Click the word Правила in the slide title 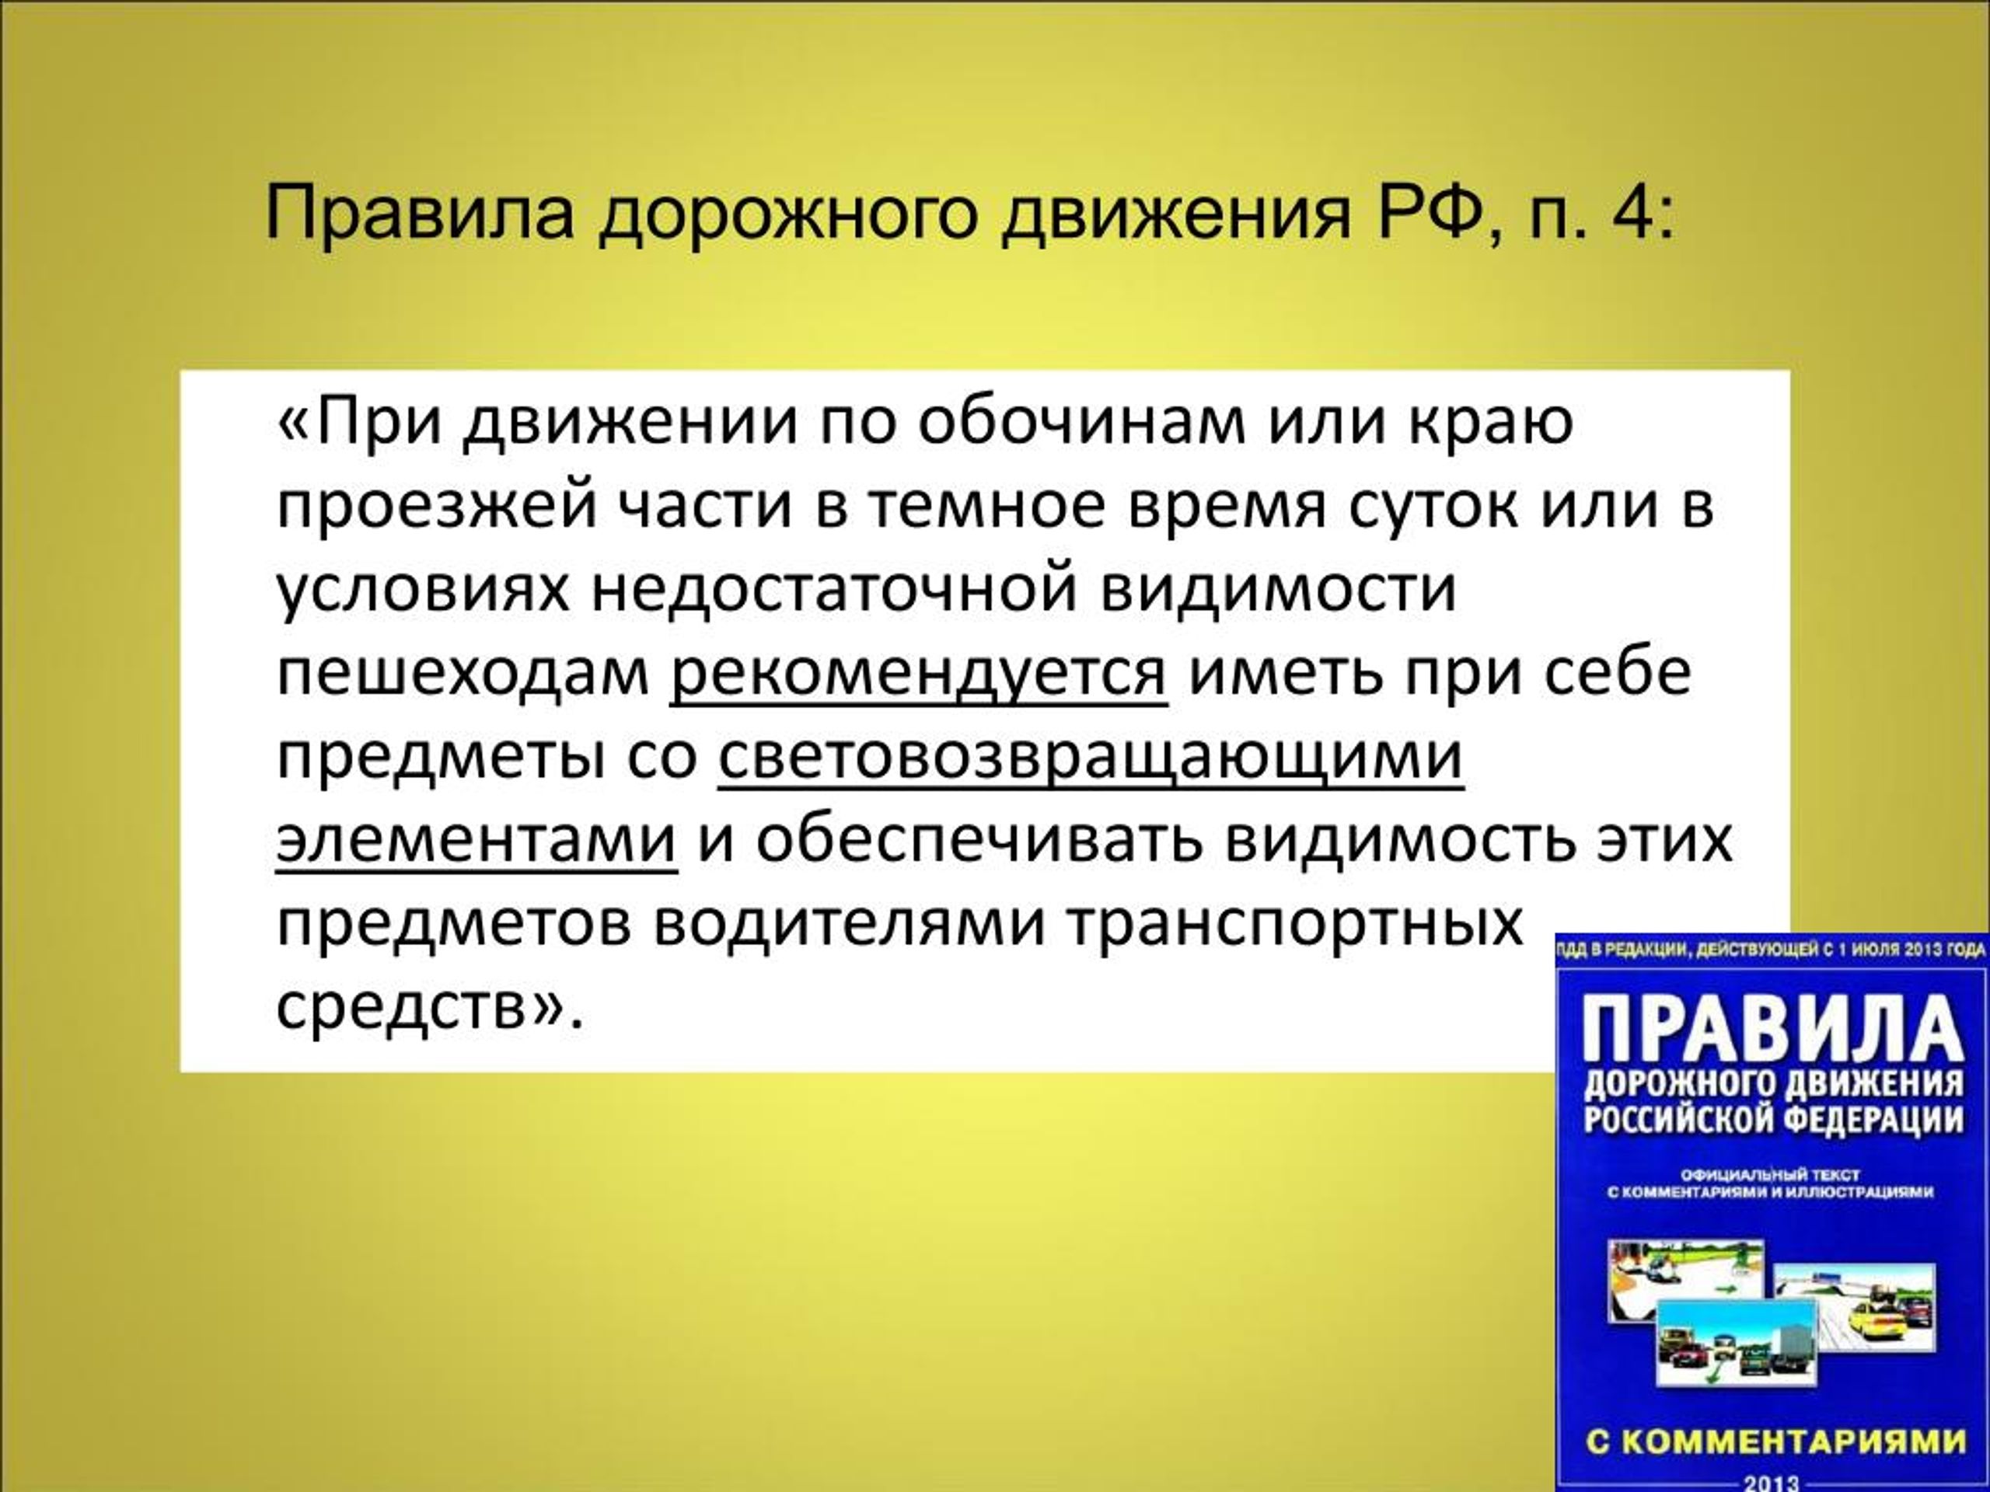click(x=419, y=215)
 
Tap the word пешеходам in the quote click(x=463, y=675)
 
